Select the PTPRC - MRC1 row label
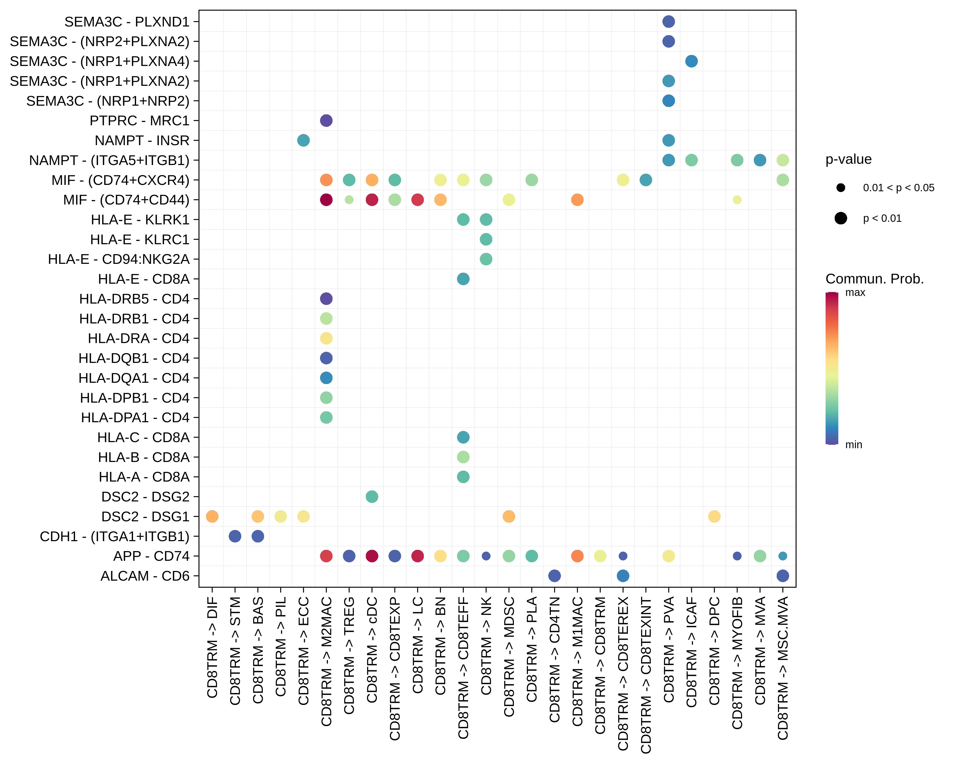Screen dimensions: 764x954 pyautogui.click(x=139, y=120)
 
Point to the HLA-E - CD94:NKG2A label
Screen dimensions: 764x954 pyautogui.click(x=119, y=259)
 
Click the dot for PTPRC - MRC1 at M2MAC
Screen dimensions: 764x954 pyautogui.click(x=326, y=120)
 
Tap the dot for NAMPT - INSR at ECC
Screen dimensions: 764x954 pyautogui.click(x=303, y=140)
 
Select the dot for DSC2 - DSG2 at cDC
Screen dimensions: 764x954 pyautogui.click(x=372, y=497)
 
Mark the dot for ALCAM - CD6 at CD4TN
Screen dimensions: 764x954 pyautogui.click(x=554, y=576)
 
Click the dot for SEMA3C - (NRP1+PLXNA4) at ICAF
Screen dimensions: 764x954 pyautogui.click(x=691, y=61)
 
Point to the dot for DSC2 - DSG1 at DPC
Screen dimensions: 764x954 pyautogui.click(x=714, y=516)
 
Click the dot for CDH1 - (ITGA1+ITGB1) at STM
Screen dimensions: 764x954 pyautogui.click(x=235, y=536)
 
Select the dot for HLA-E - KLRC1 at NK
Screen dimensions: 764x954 pyautogui.click(x=486, y=239)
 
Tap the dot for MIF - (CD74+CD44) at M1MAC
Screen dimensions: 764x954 pyautogui.click(x=577, y=200)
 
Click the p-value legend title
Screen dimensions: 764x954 pyautogui.click(x=848, y=159)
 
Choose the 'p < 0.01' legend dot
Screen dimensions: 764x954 pyautogui.click(x=841, y=218)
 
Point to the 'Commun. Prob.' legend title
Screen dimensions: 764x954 pyautogui.click(x=874, y=279)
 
